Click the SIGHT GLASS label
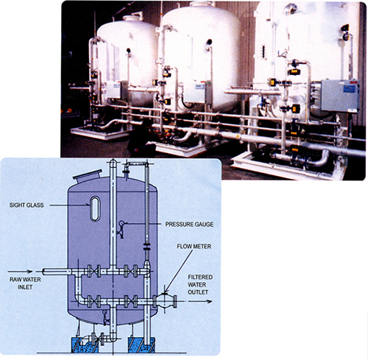(x=26, y=205)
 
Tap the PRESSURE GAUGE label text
(x=189, y=225)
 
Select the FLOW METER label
(x=194, y=247)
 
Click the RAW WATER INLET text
(x=25, y=283)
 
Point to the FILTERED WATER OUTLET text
(x=200, y=285)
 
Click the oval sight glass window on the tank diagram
(x=95, y=208)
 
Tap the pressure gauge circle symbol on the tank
(x=121, y=223)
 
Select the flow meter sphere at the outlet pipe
(x=164, y=301)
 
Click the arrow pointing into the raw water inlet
(x=20, y=272)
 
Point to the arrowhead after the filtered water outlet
(x=209, y=301)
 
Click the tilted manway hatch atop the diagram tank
(x=88, y=175)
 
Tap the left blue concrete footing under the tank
(x=85, y=345)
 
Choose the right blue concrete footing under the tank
(x=141, y=345)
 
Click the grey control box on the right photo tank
(x=340, y=96)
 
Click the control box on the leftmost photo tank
(x=113, y=90)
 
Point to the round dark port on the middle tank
(x=209, y=42)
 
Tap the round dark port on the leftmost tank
(x=128, y=51)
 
